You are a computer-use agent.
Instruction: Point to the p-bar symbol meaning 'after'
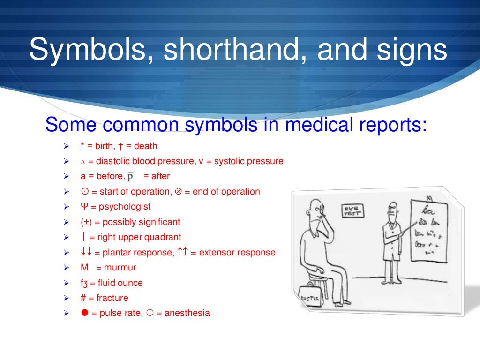coord(131,177)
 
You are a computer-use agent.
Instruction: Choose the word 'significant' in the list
coord(158,222)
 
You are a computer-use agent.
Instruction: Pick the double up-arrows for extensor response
coord(183,252)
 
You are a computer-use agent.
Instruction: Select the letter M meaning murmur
coord(84,268)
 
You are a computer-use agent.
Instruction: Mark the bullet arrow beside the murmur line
coord(66,268)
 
